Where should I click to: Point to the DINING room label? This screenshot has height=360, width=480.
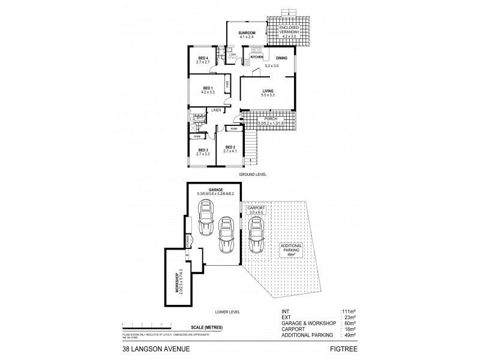282,58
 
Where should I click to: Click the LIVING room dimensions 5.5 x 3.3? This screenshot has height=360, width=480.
268,95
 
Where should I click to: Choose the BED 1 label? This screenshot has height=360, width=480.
206,88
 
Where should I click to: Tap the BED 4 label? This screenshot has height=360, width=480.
202,58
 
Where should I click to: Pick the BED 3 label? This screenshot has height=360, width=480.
203,150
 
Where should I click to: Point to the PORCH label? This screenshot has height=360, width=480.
266,119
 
